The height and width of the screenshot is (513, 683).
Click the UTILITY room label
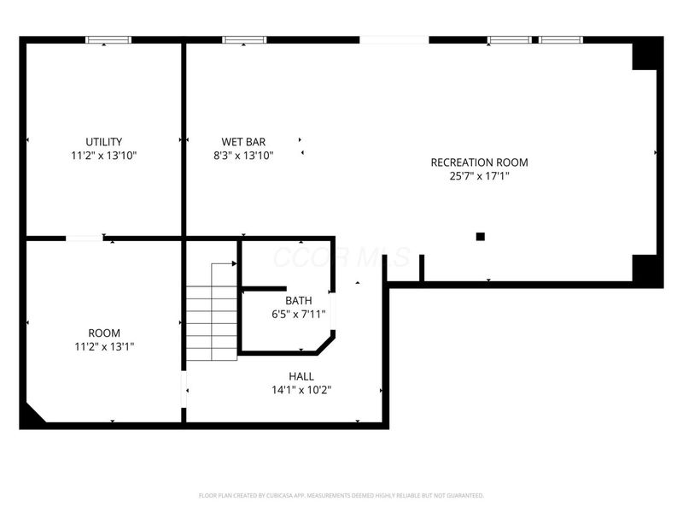point(104,142)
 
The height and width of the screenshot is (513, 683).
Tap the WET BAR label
point(243,142)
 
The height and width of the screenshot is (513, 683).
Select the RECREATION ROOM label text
point(479,162)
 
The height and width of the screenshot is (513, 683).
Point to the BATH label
point(299,300)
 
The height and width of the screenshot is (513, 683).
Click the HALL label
point(301,376)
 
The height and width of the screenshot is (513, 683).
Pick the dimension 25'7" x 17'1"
point(479,176)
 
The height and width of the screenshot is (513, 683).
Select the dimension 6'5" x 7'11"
point(299,314)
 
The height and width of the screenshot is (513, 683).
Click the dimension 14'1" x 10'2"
point(301,390)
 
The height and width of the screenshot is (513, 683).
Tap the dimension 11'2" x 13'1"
point(104,346)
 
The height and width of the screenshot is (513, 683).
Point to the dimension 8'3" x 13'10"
point(243,156)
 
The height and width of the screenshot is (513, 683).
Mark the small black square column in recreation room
point(481,236)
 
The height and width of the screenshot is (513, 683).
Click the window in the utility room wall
point(108,39)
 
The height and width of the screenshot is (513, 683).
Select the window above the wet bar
point(244,39)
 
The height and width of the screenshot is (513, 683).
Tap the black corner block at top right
point(645,54)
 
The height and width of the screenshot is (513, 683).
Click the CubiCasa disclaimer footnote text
point(341,495)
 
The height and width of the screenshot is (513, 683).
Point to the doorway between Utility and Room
point(85,238)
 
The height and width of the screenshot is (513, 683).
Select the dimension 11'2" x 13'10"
point(104,156)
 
